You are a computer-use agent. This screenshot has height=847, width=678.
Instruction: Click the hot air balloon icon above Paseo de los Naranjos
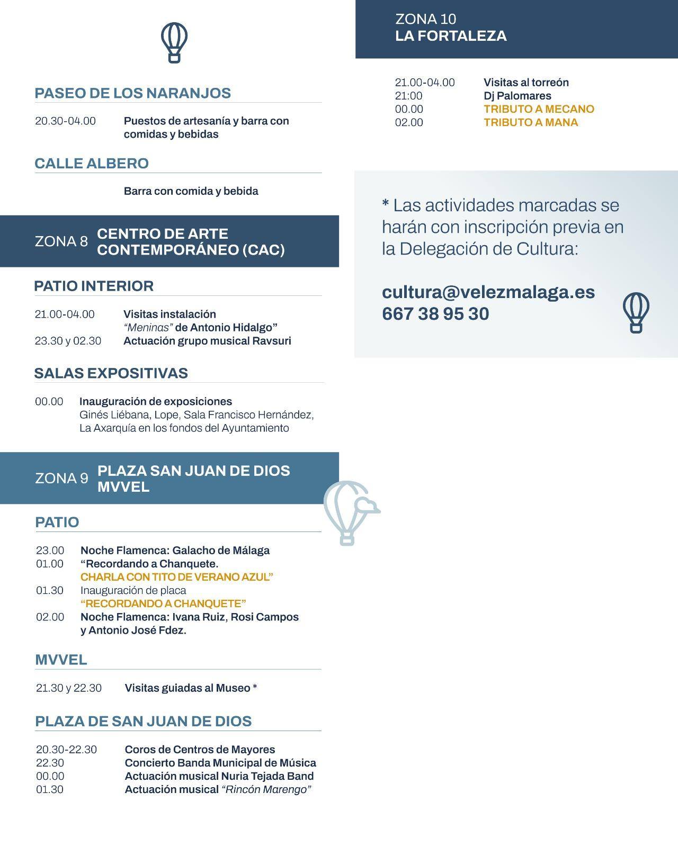click(x=174, y=42)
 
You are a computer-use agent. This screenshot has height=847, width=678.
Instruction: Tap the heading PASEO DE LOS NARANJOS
click(x=132, y=93)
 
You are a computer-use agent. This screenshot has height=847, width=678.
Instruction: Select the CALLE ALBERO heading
click(x=92, y=163)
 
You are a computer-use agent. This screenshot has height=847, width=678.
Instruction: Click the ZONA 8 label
click(x=61, y=241)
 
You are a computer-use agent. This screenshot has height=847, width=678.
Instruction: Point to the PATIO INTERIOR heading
click(x=94, y=286)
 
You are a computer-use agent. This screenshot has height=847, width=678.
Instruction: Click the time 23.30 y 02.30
click(x=68, y=341)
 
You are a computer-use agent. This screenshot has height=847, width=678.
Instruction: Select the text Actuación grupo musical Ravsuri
click(x=207, y=341)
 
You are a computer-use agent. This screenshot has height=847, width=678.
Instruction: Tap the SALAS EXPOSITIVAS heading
click(x=111, y=373)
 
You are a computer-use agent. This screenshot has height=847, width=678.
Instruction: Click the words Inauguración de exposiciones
click(x=155, y=401)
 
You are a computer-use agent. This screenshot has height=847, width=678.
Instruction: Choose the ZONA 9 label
click(x=61, y=479)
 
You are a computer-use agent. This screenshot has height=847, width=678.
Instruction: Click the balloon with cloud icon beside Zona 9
click(x=350, y=512)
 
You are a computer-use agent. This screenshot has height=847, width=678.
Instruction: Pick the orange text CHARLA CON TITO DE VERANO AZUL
click(x=176, y=577)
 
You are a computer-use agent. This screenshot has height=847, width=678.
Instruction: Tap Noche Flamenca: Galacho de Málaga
click(x=175, y=551)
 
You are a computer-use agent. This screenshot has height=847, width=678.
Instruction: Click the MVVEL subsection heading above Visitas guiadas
click(x=61, y=660)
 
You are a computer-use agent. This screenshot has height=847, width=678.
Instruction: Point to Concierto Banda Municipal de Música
click(x=220, y=763)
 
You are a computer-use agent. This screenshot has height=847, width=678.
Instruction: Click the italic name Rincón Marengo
click(x=266, y=789)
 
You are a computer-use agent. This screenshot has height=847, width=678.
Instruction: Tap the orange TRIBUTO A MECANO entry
click(x=539, y=109)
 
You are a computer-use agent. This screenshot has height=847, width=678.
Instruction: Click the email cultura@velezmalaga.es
click(x=488, y=292)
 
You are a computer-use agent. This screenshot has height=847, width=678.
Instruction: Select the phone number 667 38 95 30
click(x=435, y=314)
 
